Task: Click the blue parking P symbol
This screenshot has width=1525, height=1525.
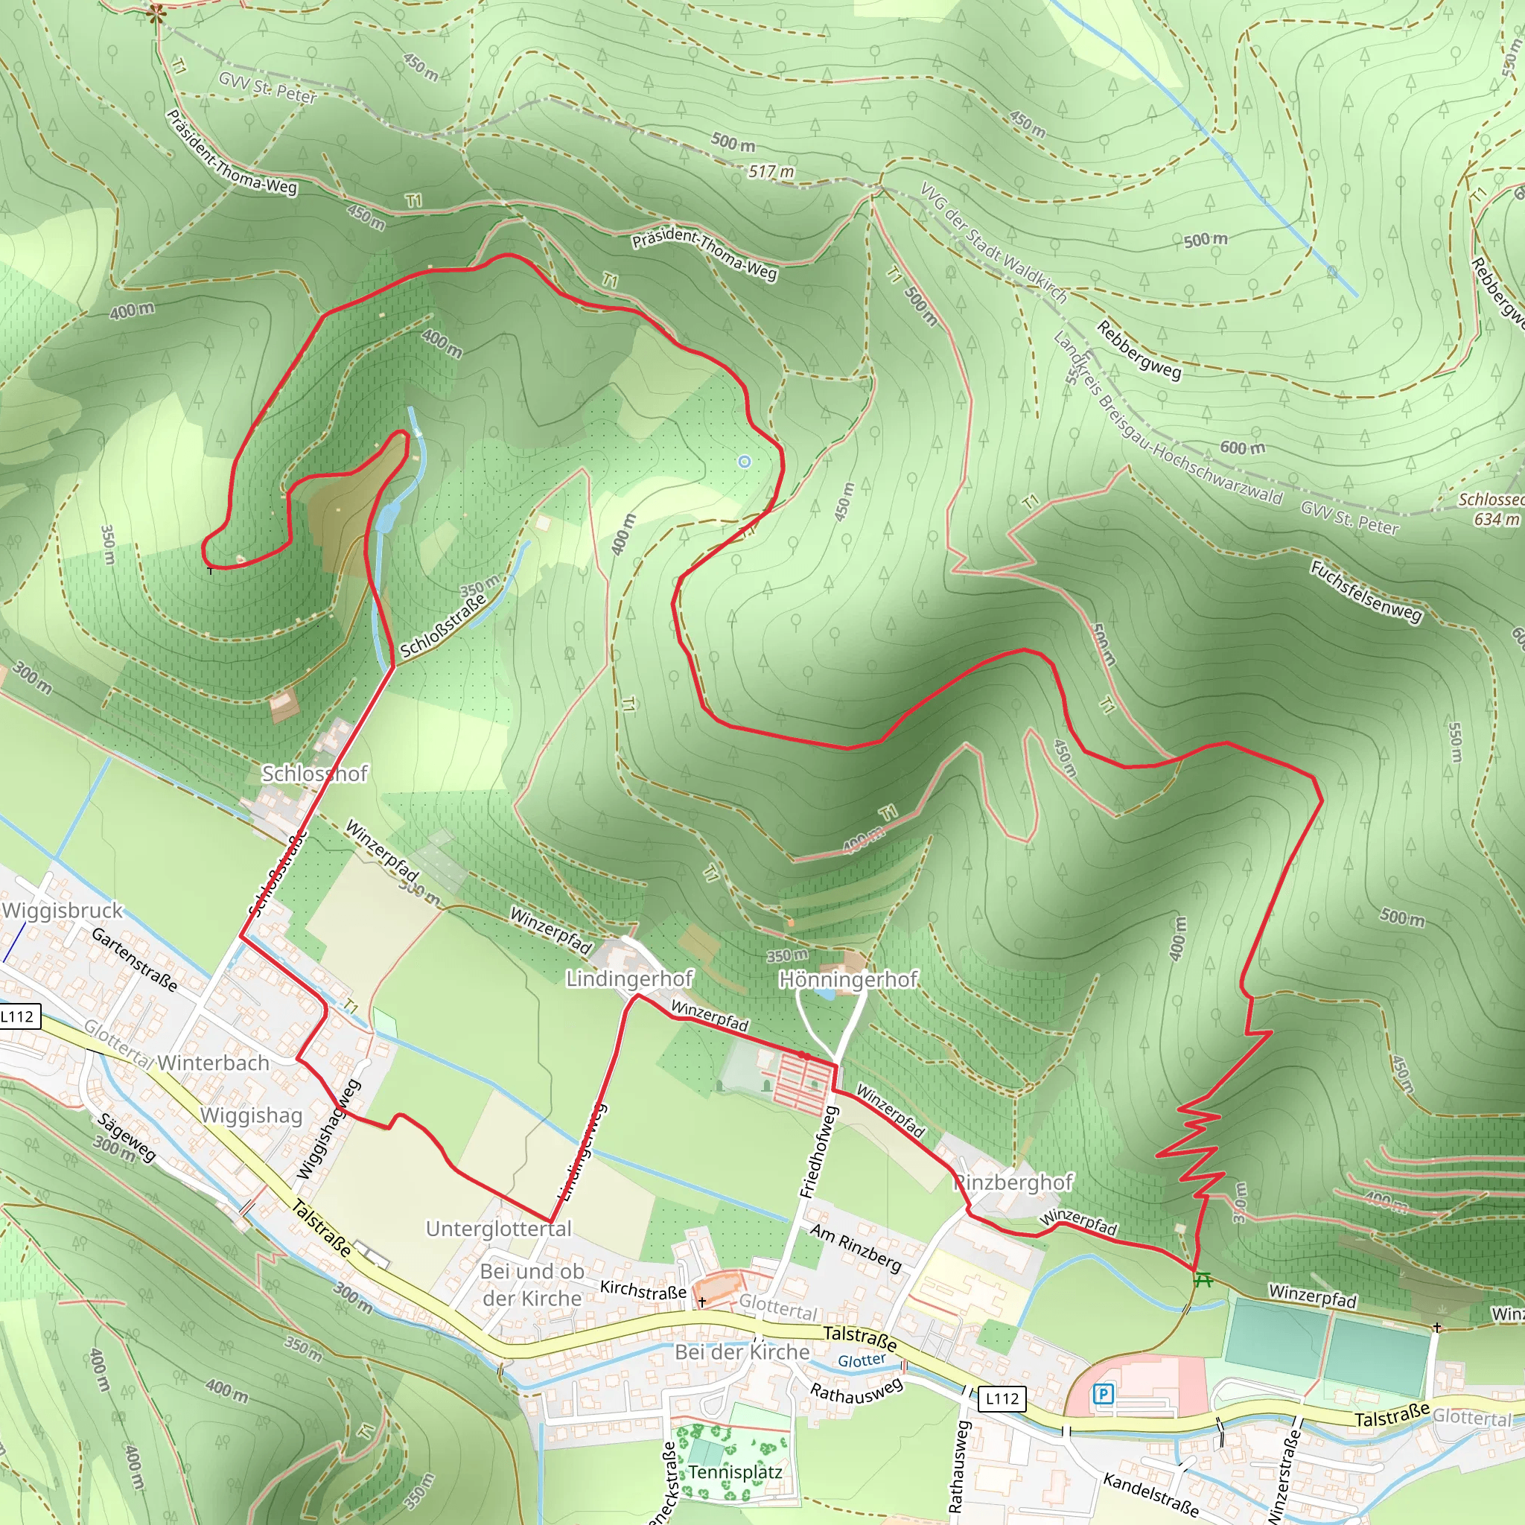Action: pos(1103,1394)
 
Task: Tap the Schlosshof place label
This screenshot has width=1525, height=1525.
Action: pos(314,774)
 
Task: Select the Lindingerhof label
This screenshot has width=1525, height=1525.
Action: pos(628,978)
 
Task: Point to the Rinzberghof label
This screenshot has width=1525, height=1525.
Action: pos(1014,1182)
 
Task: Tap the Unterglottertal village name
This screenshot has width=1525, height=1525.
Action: pos(498,1228)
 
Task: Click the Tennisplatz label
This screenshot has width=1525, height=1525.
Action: pos(735,1471)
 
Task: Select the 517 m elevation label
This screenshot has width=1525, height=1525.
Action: pos(771,171)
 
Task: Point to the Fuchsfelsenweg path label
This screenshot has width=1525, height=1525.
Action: pos(1366,591)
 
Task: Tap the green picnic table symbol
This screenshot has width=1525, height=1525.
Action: pos(1203,1279)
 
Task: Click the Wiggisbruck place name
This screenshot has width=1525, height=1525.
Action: pos(63,910)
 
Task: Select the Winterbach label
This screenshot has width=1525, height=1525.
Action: pos(213,1063)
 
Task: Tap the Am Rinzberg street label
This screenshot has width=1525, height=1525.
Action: pos(856,1247)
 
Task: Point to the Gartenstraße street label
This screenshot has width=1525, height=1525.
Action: pos(134,959)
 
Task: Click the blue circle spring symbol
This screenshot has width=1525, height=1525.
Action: pos(744,461)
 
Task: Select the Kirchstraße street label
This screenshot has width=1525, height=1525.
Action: pos(643,1289)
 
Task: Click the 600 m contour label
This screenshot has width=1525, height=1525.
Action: pos(1243,448)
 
